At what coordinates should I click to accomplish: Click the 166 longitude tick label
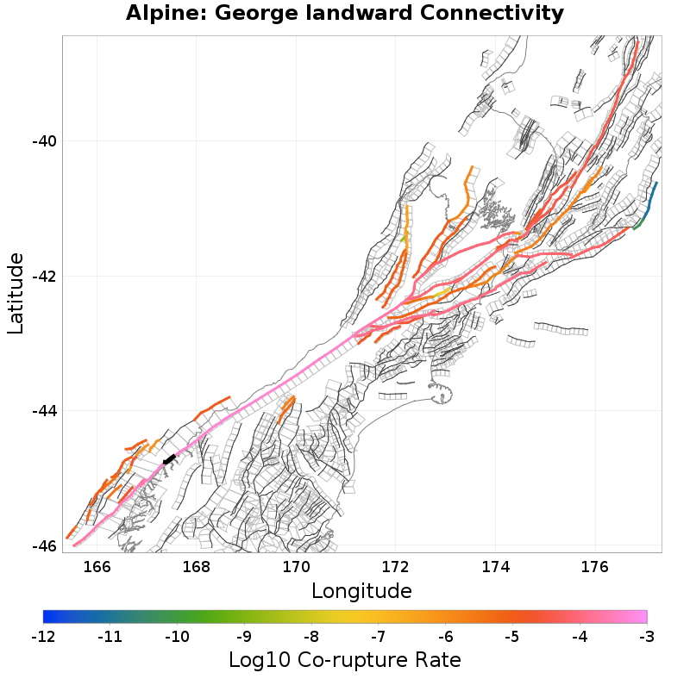click(97, 567)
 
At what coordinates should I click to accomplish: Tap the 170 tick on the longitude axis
click(296, 567)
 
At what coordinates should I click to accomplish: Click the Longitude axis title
click(361, 591)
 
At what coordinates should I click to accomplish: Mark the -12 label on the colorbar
click(42, 637)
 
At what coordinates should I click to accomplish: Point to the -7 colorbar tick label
click(378, 637)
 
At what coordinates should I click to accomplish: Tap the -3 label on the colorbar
click(646, 637)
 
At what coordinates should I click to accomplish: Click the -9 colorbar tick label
click(243, 637)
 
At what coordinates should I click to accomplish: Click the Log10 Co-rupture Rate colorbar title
click(345, 661)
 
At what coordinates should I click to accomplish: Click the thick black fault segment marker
click(169, 459)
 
